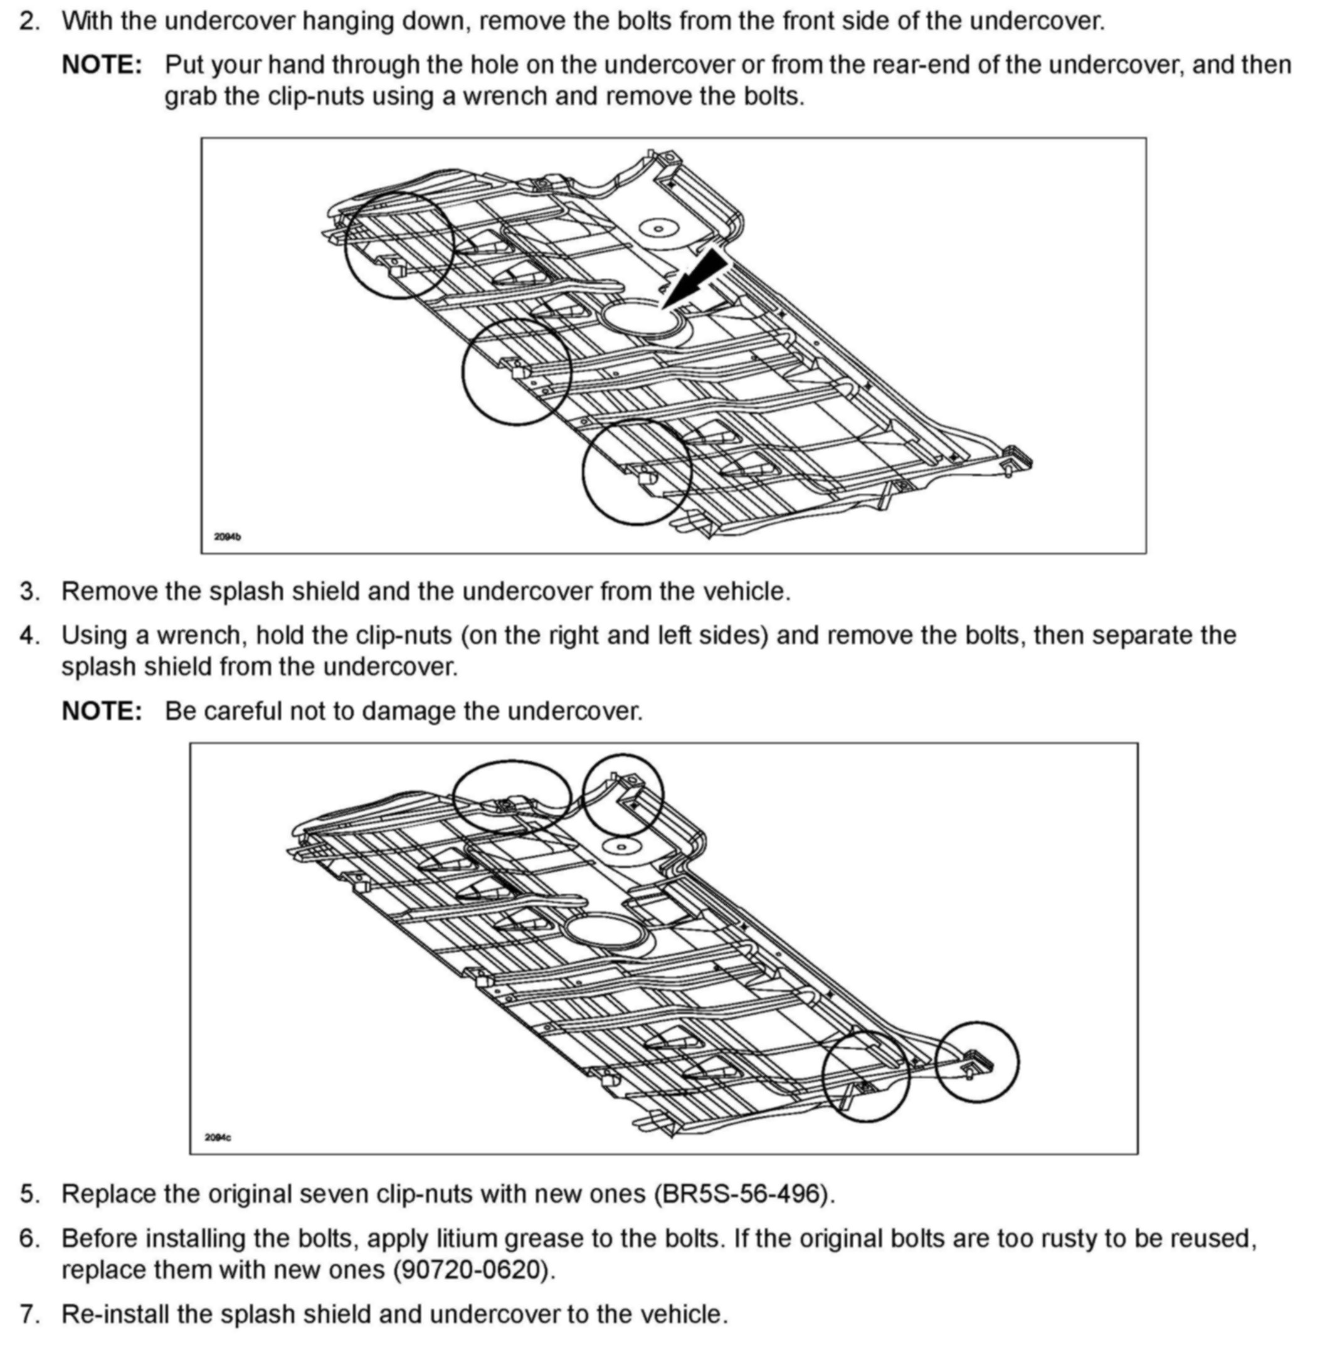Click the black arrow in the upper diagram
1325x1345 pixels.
click(x=699, y=277)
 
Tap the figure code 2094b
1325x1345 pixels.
click(x=228, y=537)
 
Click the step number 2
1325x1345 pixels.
click(x=29, y=21)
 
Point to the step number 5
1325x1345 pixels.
click(x=29, y=1194)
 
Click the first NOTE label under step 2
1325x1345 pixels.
click(x=102, y=65)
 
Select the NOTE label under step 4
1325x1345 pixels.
click(x=102, y=711)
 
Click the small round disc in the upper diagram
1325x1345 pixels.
click(x=658, y=228)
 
